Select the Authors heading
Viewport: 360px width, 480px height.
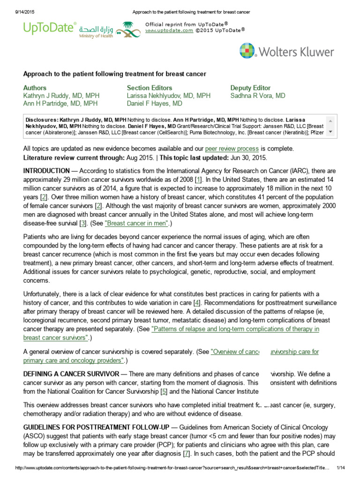coord(35,88)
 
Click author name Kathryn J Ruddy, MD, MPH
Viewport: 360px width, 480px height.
coord(61,96)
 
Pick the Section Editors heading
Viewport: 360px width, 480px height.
coord(150,88)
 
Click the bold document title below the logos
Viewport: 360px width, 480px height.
coord(115,74)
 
